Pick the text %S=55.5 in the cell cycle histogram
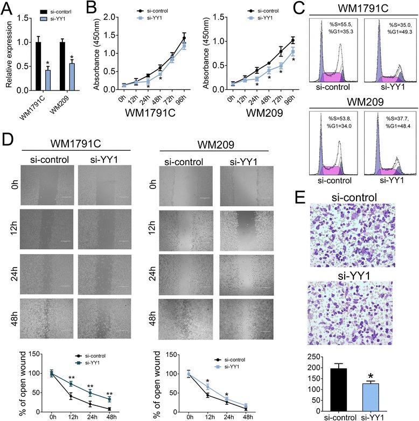[339, 25]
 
